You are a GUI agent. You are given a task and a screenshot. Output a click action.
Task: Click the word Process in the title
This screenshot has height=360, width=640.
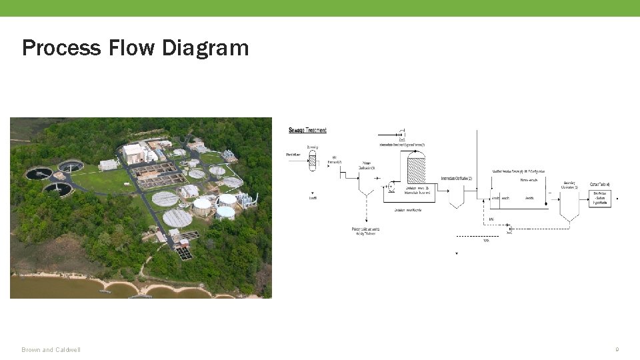coord(62,48)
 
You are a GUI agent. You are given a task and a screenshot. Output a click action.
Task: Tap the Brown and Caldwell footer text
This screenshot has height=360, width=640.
coord(51,350)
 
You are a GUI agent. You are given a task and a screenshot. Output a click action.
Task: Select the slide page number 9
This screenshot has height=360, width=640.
coord(617,349)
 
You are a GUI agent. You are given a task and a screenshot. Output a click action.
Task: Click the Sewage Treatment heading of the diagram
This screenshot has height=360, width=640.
coord(307,130)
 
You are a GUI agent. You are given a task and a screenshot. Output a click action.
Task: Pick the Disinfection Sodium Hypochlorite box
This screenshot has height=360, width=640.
coord(600,198)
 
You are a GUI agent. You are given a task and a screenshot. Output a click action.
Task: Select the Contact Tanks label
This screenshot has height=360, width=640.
coord(599,184)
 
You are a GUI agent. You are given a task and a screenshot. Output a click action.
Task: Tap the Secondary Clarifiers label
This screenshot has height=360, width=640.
coord(569,184)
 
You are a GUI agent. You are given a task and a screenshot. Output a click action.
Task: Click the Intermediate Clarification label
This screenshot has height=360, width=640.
coord(456,179)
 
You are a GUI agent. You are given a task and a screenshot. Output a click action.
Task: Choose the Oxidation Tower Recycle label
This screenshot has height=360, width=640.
coord(407,210)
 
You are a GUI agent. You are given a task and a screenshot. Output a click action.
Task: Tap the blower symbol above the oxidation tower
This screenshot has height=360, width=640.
coord(402,133)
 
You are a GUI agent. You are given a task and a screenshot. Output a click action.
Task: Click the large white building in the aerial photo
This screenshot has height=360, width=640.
coord(134,153)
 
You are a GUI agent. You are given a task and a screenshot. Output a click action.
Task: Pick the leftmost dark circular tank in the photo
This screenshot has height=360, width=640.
coord(39,174)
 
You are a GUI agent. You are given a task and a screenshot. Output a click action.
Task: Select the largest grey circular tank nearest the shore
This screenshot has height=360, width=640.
coord(177,217)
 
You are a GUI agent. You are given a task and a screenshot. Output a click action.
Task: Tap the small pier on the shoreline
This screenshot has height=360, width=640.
coord(105,291)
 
